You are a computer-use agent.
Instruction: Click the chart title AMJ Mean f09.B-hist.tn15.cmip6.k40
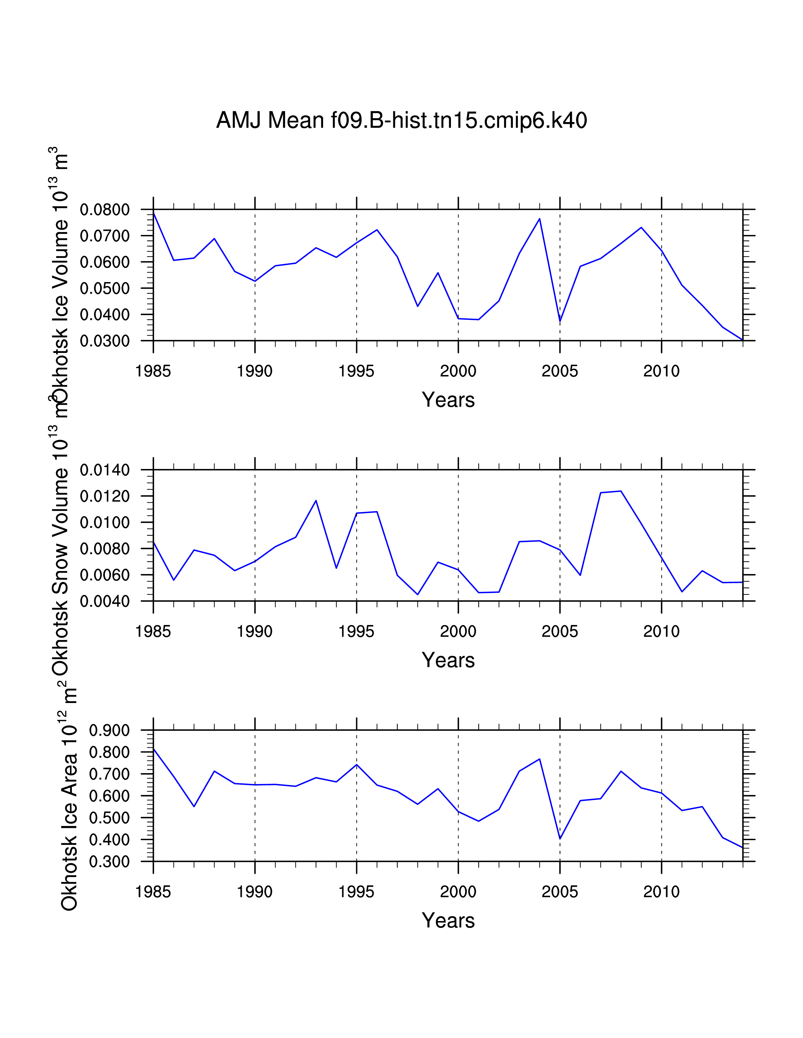(401, 120)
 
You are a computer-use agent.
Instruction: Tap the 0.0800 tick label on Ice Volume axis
(105, 209)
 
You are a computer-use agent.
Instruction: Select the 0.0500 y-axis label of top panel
(105, 288)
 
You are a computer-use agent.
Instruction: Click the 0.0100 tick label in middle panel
(105, 523)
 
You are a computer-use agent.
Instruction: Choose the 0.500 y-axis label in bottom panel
(109, 818)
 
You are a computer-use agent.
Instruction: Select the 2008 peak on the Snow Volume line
(621, 491)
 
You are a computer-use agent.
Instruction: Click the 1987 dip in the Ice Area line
(194, 806)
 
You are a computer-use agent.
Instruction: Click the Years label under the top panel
(448, 400)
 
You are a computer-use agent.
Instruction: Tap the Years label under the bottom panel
(448, 921)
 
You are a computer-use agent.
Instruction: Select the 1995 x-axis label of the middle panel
(356, 632)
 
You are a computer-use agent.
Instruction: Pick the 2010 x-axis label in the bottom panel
(661, 892)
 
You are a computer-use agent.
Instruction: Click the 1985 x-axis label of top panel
(153, 371)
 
